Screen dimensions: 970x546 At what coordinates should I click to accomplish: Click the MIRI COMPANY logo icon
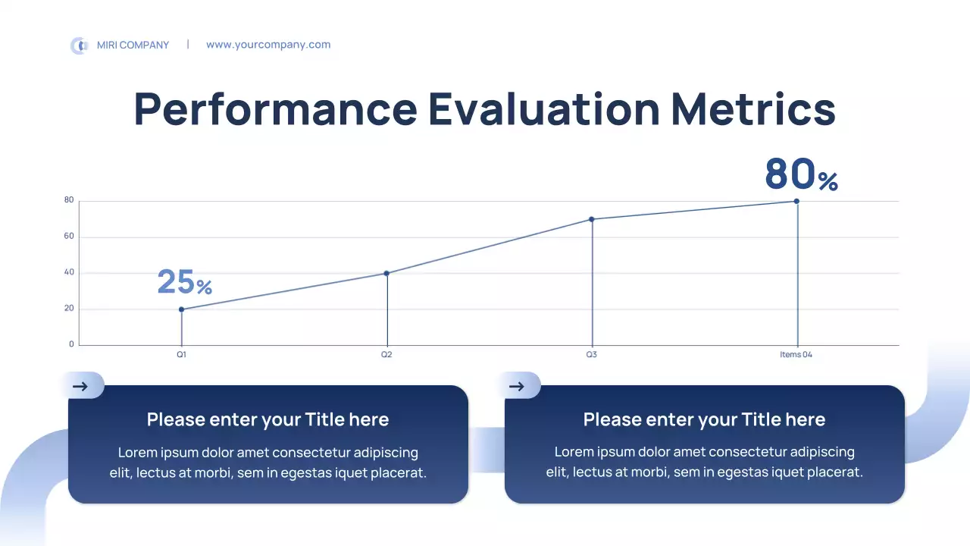79,45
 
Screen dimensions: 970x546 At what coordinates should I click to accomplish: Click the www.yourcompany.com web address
268,45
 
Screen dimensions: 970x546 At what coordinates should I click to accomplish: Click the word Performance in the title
275,108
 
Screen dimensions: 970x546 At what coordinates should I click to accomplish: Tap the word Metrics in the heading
753,108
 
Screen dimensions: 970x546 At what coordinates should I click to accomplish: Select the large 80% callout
800,174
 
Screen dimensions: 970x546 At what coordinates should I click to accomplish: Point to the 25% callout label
184,282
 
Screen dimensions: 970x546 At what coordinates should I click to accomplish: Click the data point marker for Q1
181,309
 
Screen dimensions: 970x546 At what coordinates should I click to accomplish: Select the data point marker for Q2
386,273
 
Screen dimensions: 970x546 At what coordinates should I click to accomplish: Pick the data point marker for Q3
592,219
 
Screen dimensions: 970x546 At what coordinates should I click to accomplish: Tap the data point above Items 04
796,201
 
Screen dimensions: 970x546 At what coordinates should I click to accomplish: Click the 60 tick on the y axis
69,237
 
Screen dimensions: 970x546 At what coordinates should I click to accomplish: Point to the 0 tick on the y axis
72,344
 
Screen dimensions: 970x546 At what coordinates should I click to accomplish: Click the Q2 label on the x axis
386,355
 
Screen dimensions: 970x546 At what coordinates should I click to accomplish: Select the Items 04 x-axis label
796,355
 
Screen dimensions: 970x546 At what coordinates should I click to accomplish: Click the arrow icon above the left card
80,386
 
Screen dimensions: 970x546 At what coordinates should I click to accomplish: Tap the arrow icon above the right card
517,386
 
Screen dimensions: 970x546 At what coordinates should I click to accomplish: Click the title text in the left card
268,419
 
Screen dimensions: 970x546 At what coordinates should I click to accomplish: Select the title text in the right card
704,419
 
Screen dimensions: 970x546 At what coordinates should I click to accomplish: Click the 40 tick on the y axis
69,273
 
